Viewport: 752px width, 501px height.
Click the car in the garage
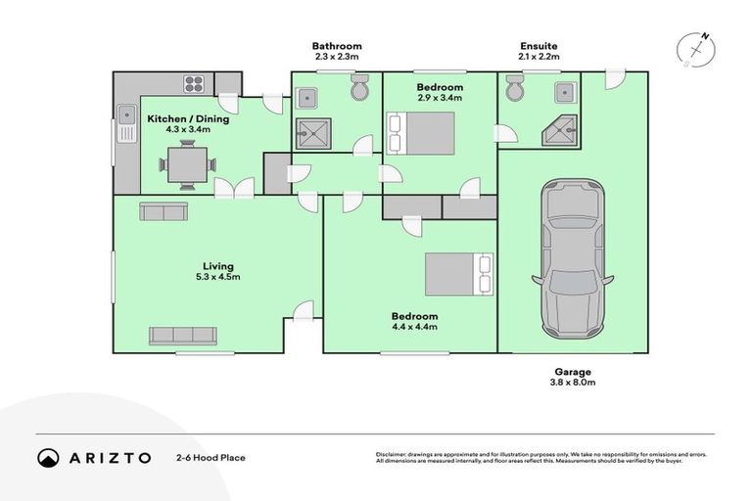[x=573, y=257]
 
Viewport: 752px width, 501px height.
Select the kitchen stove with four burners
[x=194, y=83]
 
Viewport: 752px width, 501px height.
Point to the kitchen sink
[x=125, y=122]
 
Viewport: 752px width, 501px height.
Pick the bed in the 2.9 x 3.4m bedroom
[x=422, y=133]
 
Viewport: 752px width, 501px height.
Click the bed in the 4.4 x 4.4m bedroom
[x=458, y=274]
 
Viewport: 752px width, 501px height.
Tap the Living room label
[x=218, y=266]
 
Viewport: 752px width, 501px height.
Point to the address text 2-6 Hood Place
[x=211, y=457]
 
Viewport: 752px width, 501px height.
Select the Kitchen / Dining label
[x=188, y=119]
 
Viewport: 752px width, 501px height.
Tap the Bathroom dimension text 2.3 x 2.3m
[x=337, y=57]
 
